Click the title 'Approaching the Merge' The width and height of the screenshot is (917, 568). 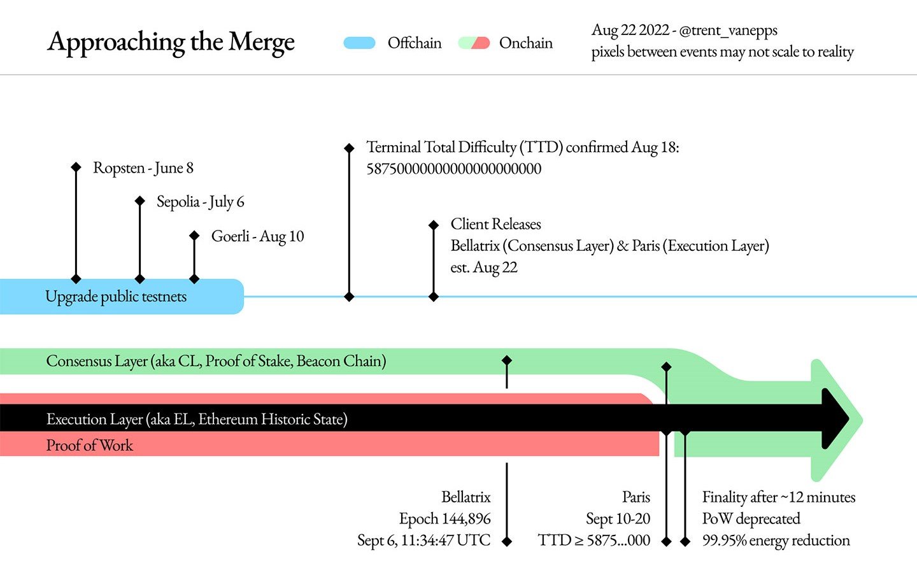(171, 42)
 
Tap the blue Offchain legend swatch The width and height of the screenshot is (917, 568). (359, 43)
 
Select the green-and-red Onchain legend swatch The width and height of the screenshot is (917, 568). (474, 43)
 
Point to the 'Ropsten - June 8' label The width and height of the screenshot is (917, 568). (143, 168)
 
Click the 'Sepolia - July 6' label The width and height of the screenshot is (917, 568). (200, 202)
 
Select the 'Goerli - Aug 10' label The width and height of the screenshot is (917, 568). (257, 236)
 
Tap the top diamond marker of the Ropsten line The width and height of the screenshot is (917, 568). (76, 167)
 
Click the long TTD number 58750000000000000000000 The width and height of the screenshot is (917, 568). (453, 169)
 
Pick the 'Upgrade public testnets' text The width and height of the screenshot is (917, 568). (116, 297)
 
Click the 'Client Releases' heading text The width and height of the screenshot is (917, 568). (495, 224)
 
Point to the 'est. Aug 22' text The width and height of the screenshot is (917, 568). (484, 267)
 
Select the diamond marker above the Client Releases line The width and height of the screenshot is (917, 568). (434, 225)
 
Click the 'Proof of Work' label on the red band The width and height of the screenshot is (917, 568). (89, 445)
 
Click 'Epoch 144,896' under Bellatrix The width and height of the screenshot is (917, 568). (444, 519)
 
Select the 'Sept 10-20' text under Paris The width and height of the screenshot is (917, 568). (618, 519)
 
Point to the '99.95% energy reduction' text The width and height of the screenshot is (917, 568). (776, 541)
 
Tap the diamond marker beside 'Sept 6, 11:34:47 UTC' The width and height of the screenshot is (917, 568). (507, 541)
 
